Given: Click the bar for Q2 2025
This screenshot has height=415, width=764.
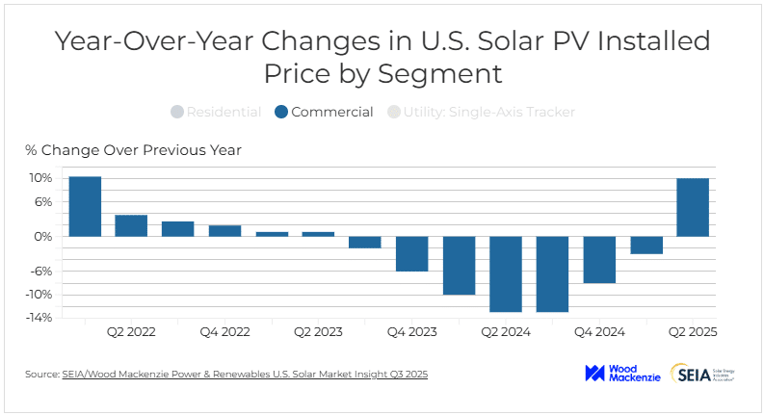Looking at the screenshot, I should (x=693, y=207).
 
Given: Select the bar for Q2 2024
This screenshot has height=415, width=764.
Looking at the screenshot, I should (x=506, y=273).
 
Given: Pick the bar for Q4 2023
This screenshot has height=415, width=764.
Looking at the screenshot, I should (x=412, y=253).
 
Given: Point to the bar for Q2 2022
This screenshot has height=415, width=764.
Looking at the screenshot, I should (x=131, y=225).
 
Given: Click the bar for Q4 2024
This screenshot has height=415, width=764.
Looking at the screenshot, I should (x=599, y=259).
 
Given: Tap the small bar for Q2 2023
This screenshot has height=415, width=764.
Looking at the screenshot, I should (x=318, y=234).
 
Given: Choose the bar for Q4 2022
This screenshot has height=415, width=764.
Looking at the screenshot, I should (x=224, y=230).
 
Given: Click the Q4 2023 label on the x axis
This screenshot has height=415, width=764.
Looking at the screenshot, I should (x=412, y=331).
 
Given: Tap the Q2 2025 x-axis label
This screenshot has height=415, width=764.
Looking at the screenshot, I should (x=694, y=331).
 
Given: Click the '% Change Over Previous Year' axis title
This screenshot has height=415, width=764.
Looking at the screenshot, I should (x=133, y=150).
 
